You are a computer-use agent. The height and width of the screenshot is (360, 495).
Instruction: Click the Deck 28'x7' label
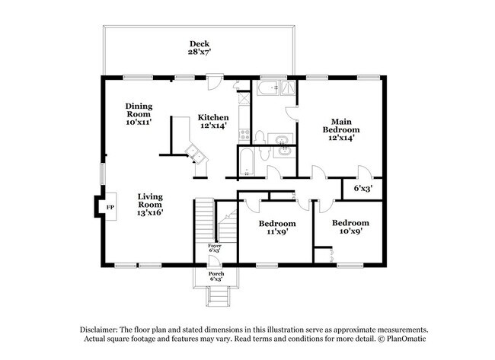point(199,48)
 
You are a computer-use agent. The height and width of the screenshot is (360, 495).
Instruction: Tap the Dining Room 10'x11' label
point(139,114)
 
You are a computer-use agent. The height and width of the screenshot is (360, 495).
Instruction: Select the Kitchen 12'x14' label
point(212,121)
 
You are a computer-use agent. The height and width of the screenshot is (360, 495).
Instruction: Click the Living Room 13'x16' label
point(150,204)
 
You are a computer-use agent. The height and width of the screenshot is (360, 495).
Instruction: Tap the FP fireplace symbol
point(109,207)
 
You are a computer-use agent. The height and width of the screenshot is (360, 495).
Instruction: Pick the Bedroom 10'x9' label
point(351,227)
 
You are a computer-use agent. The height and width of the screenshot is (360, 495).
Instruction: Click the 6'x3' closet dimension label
point(363,186)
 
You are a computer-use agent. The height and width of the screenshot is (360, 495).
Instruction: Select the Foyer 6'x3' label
point(216,247)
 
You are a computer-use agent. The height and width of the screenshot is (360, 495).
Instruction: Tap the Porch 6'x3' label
point(216,276)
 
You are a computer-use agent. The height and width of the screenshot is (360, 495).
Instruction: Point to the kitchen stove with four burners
point(244,135)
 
